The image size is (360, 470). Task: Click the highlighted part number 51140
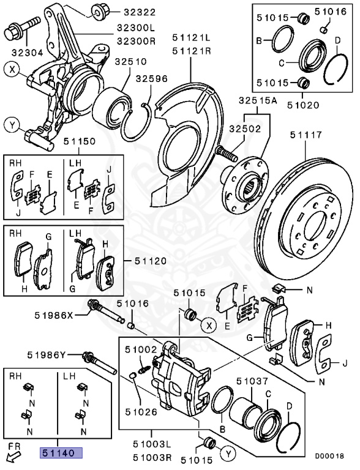tap(62, 453)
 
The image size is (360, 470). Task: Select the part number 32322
tap(140, 12)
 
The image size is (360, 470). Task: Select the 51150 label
tap(80, 141)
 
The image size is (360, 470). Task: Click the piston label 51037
tap(253, 381)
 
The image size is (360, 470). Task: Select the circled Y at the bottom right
tap(228, 453)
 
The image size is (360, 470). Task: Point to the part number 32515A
tap(258, 100)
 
